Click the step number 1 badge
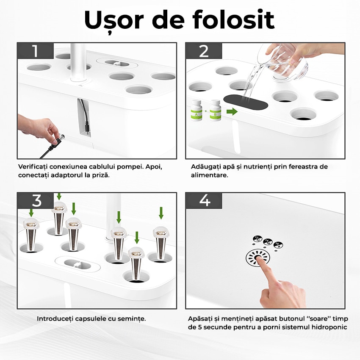35,51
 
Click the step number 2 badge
204,51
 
